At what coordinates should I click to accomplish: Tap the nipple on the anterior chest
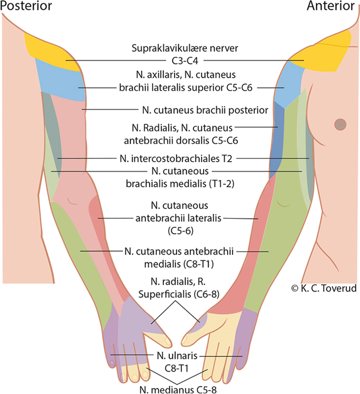pos(340,123)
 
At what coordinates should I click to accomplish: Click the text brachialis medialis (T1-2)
pos(179,183)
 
